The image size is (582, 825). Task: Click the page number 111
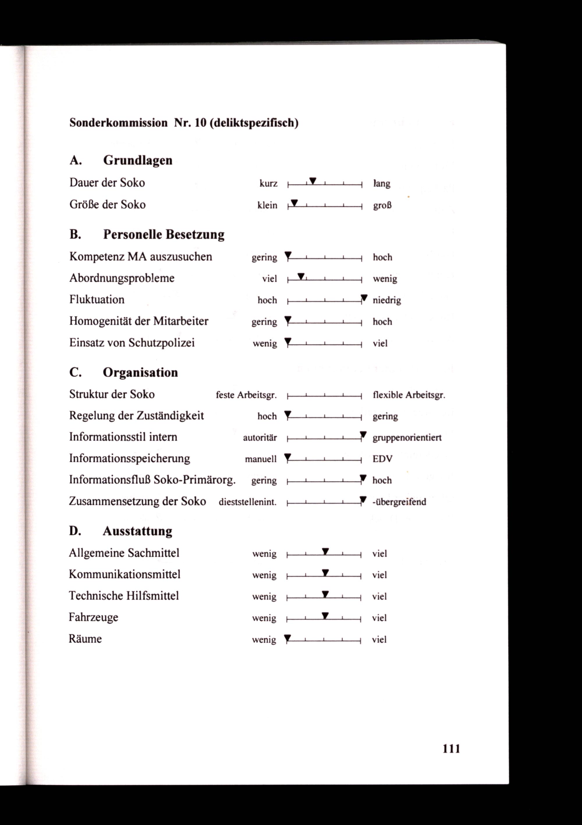tap(451, 748)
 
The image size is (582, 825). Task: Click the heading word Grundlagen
tap(138, 160)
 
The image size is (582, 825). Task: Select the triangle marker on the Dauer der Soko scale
tap(313, 180)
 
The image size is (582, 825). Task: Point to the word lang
tap(382, 184)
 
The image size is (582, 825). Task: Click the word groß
tap(382, 206)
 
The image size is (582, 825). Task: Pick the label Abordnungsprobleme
tap(122, 278)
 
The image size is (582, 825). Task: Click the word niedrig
tap(387, 300)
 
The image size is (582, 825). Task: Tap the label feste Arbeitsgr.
tap(246, 395)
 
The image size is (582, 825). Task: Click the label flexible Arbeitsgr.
tap(409, 395)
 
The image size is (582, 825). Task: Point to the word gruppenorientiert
tap(407, 438)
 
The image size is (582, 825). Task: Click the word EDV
tap(382, 459)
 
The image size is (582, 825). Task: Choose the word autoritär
tap(260, 438)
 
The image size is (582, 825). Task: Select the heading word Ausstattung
tap(137, 531)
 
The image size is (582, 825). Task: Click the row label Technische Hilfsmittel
tap(124, 596)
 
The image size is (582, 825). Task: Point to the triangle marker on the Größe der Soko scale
tap(294, 202)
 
